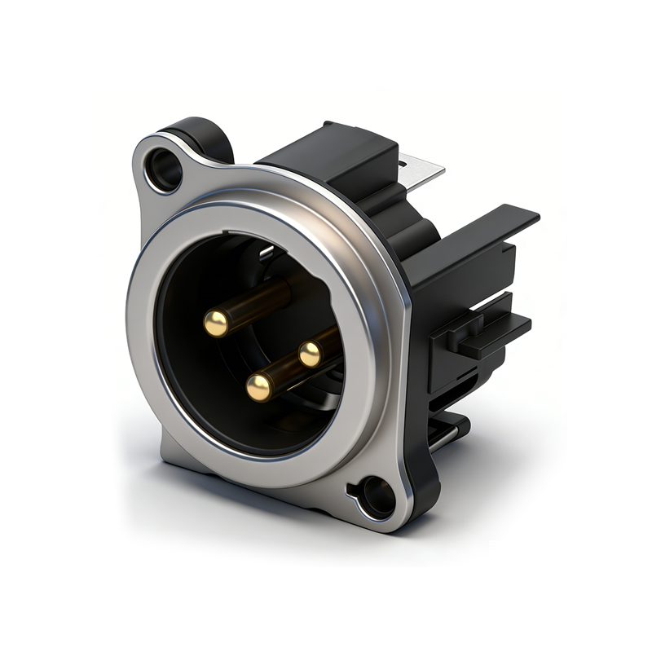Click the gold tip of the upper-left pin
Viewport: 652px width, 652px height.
pos(216,324)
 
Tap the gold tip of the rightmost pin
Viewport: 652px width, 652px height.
pos(310,354)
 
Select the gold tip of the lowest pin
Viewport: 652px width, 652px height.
pos(259,387)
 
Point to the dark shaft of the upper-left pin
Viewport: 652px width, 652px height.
pos(261,300)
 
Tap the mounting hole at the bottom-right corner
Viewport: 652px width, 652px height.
pos(378,495)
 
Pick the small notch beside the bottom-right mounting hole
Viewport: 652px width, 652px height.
pos(352,491)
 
